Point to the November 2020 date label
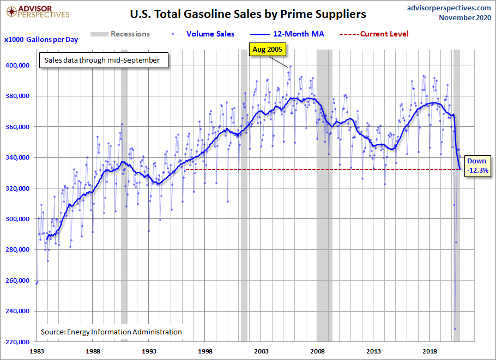point(464,18)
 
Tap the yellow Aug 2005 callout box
point(268,50)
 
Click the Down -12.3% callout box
point(477,166)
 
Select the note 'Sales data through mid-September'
point(103,60)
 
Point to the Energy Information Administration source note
point(111,332)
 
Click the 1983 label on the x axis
point(37,351)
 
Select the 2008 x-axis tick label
point(318,351)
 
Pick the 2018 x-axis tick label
point(431,351)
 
